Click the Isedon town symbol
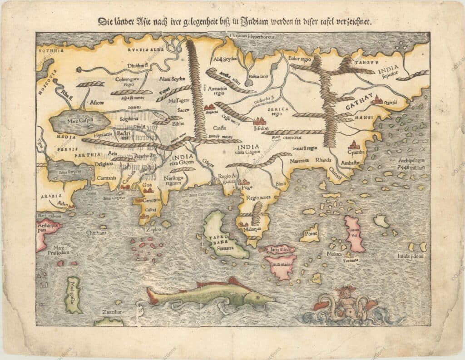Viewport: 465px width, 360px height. (x=260, y=121)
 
